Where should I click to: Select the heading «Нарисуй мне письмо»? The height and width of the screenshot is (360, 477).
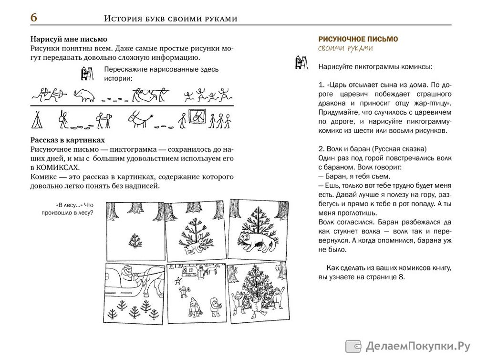(69, 39)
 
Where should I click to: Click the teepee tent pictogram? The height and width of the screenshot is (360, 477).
(36, 120)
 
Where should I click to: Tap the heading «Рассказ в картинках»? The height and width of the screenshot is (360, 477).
(67, 140)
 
